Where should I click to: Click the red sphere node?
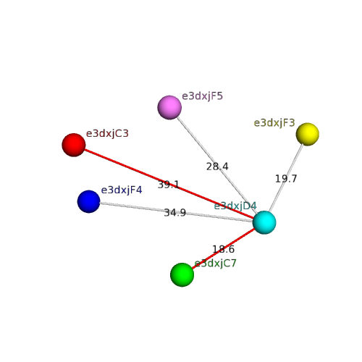(x=74, y=145)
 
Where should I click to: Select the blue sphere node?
(x=88, y=201)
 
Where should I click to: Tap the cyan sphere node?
(x=264, y=222)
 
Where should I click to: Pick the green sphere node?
(x=182, y=274)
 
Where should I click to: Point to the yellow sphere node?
(x=308, y=134)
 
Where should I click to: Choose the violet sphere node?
(x=169, y=107)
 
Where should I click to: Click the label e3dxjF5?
(x=202, y=96)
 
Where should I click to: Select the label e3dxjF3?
(x=274, y=123)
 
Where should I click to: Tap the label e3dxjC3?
(x=107, y=133)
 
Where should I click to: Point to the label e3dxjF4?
(x=122, y=190)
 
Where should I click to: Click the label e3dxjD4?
(x=235, y=206)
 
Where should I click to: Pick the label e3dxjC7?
(x=216, y=264)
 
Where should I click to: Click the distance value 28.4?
(x=217, y=167)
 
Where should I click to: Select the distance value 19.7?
(x=286, y=179)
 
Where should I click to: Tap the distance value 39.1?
(x=169, y=185)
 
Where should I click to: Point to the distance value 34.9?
(x=175, y=213)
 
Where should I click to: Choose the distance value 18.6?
(x=223, y=249)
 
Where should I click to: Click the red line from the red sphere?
(x=169, y=184)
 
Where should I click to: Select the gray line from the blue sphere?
(x=177, y=212)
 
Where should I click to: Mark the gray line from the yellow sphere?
(x=286, y=177)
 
